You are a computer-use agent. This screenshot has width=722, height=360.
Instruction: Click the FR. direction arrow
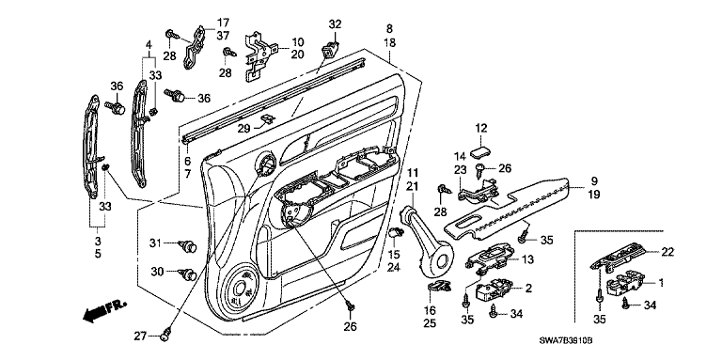coord(104,310)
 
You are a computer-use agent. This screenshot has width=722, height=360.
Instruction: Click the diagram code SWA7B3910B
coord(566,340)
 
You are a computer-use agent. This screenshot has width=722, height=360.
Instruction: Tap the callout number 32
coord(336,23)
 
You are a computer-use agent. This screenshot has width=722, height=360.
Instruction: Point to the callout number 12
coord(480,128)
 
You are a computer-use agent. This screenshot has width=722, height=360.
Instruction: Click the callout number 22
coord(667,252)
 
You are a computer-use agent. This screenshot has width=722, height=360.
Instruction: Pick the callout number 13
coord(527,259)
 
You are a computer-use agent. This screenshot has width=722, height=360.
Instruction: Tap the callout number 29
coord(244,129)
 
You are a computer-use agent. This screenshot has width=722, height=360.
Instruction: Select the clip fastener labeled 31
coord(187,247)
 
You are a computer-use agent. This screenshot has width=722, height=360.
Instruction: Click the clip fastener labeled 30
coord(187,274)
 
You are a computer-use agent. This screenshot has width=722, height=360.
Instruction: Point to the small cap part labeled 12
coord(480,152)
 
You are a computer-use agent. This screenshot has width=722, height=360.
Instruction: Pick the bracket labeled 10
coord(260,56)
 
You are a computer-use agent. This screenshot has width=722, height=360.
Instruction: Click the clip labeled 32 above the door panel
coord(331,49)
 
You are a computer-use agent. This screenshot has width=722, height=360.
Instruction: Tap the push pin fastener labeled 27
coord(167,336)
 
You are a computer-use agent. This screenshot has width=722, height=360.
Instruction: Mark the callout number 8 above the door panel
coord(389,28)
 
